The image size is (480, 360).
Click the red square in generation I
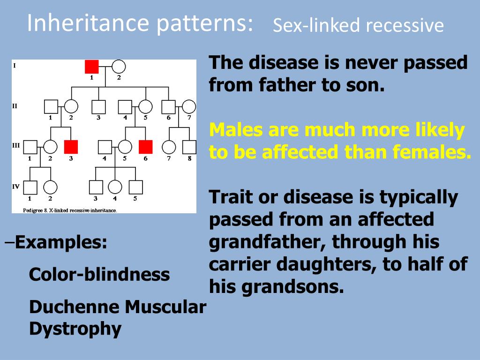pyautogui.click(x=92, y=67)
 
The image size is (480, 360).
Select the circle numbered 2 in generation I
pyautogui.click(x=119, y=67)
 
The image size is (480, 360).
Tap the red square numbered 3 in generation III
pyautogui.click(x=71, y=147)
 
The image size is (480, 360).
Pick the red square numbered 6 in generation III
pyautogui.click(x=146, y=147)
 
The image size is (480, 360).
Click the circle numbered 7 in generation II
pyautogui.click(x=189, y=107)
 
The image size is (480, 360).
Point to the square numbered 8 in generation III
pyautogui.click(x=189, y=147)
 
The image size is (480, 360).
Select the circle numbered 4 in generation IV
pyautogui.click(x=115, y=187)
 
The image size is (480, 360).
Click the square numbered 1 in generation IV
pyautogui.click(x=30, y=187)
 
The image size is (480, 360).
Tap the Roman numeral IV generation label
pyautogui.click(x=16, y=186)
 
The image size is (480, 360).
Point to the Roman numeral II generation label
pyautogui.click(x=15, y=106)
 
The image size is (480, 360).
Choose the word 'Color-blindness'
pyautogui.click(x=99, y=274)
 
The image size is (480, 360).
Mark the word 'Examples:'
pyautogui.click(x=60, y=243)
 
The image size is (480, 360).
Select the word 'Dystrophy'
pyautogui.click(x=75, y=329)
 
